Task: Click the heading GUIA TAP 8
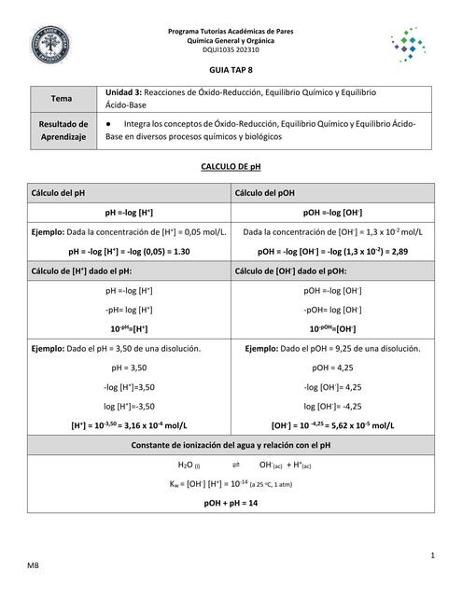tap(231, 70)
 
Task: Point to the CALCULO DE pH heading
tap(231, 166)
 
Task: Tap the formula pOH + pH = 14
tap(231, 503)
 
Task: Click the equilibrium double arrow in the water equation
tap(235, 464)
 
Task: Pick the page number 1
tap(434, 555)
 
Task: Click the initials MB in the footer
tap(33, 565)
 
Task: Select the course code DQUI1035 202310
tap(231, 50)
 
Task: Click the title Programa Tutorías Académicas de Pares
tap(231, 32)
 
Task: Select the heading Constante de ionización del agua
tap(231, 444)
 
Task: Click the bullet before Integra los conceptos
tap(110, 123)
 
